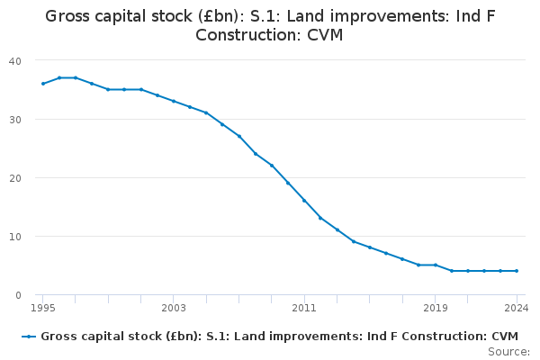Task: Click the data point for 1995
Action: tap(43, 84)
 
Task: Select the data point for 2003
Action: tap(174, 102)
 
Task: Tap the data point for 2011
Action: tap(304, 201)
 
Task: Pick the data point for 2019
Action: tap(436, 265)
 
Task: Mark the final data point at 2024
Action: tap(517, 271)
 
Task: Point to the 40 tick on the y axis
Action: tap(15, 61)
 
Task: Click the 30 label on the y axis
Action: tap(15, 120)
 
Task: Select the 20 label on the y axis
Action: tap(15, 178)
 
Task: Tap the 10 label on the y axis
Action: tap(15, 237)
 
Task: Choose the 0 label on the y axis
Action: tap(18, 295)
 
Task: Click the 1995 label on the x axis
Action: tap(43, 308)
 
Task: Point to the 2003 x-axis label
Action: tap(174, 308)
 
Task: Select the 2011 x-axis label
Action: tap(304, 308)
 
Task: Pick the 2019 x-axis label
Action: tap(436, 308)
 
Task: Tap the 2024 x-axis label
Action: tap(517, 308)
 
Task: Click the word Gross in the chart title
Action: tap(67, 16)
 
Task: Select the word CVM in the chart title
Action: tap(325, 35)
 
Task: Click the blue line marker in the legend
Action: tap(29, 337)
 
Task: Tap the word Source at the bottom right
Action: tap(508, 352)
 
